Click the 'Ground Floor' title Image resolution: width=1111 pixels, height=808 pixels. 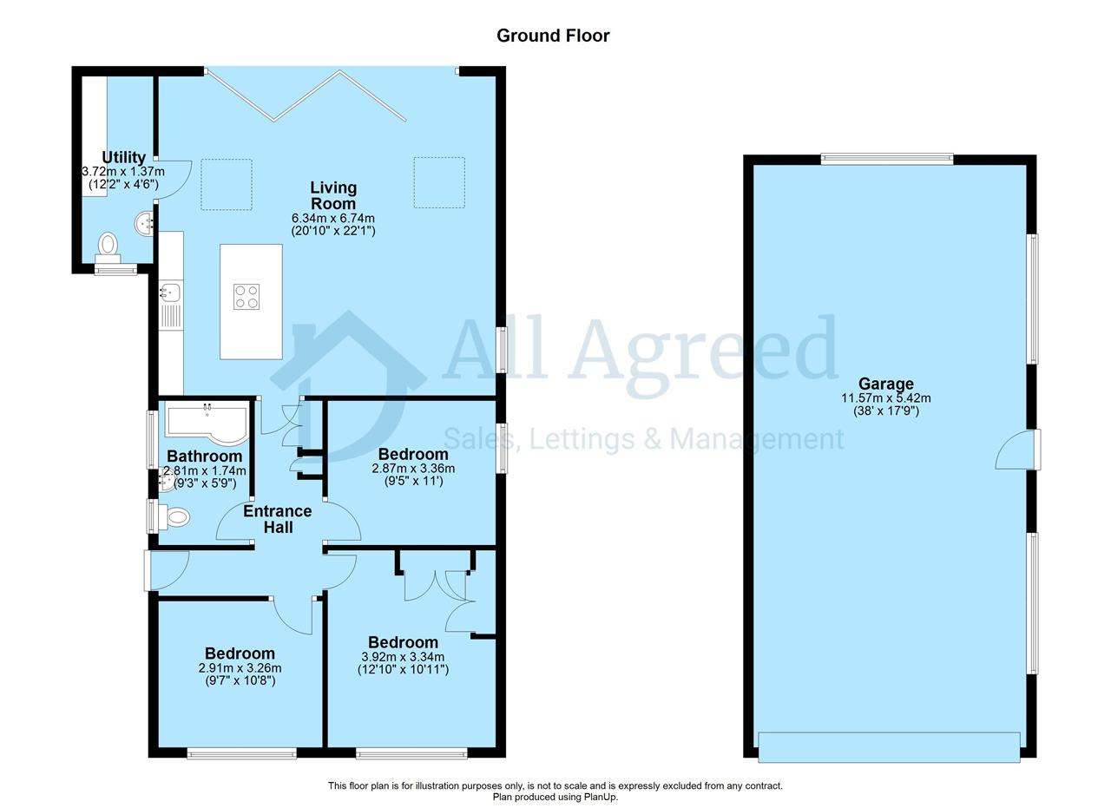(x=553, y=36)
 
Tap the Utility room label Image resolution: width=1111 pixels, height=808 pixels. (x=123, y=157)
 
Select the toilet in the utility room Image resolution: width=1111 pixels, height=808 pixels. (x=108, y=248)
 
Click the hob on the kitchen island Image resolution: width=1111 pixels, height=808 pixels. (x=247, y=297)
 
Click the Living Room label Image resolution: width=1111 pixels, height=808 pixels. (x=333, y=195)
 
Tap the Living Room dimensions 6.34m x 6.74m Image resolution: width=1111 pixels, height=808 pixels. (x=333, y=218)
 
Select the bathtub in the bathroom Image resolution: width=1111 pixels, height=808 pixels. (x=207, y=424)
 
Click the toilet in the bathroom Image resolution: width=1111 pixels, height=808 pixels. (x=172, y=517)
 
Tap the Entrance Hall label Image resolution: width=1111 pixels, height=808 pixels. (x=278, y=519)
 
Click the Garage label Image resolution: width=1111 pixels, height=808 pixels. (x=886, y=384)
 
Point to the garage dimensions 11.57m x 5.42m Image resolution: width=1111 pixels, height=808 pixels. (x=886, y=397)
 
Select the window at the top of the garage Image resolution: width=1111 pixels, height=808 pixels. (x=887, y=159)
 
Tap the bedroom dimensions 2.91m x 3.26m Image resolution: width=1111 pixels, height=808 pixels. (x=240, y=667)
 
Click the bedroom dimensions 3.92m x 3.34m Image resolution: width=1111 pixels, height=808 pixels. (x=403, y=657)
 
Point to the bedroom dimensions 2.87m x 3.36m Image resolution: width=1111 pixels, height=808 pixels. (x=413, y=469)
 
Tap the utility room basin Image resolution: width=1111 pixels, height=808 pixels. (x=144, y=224)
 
